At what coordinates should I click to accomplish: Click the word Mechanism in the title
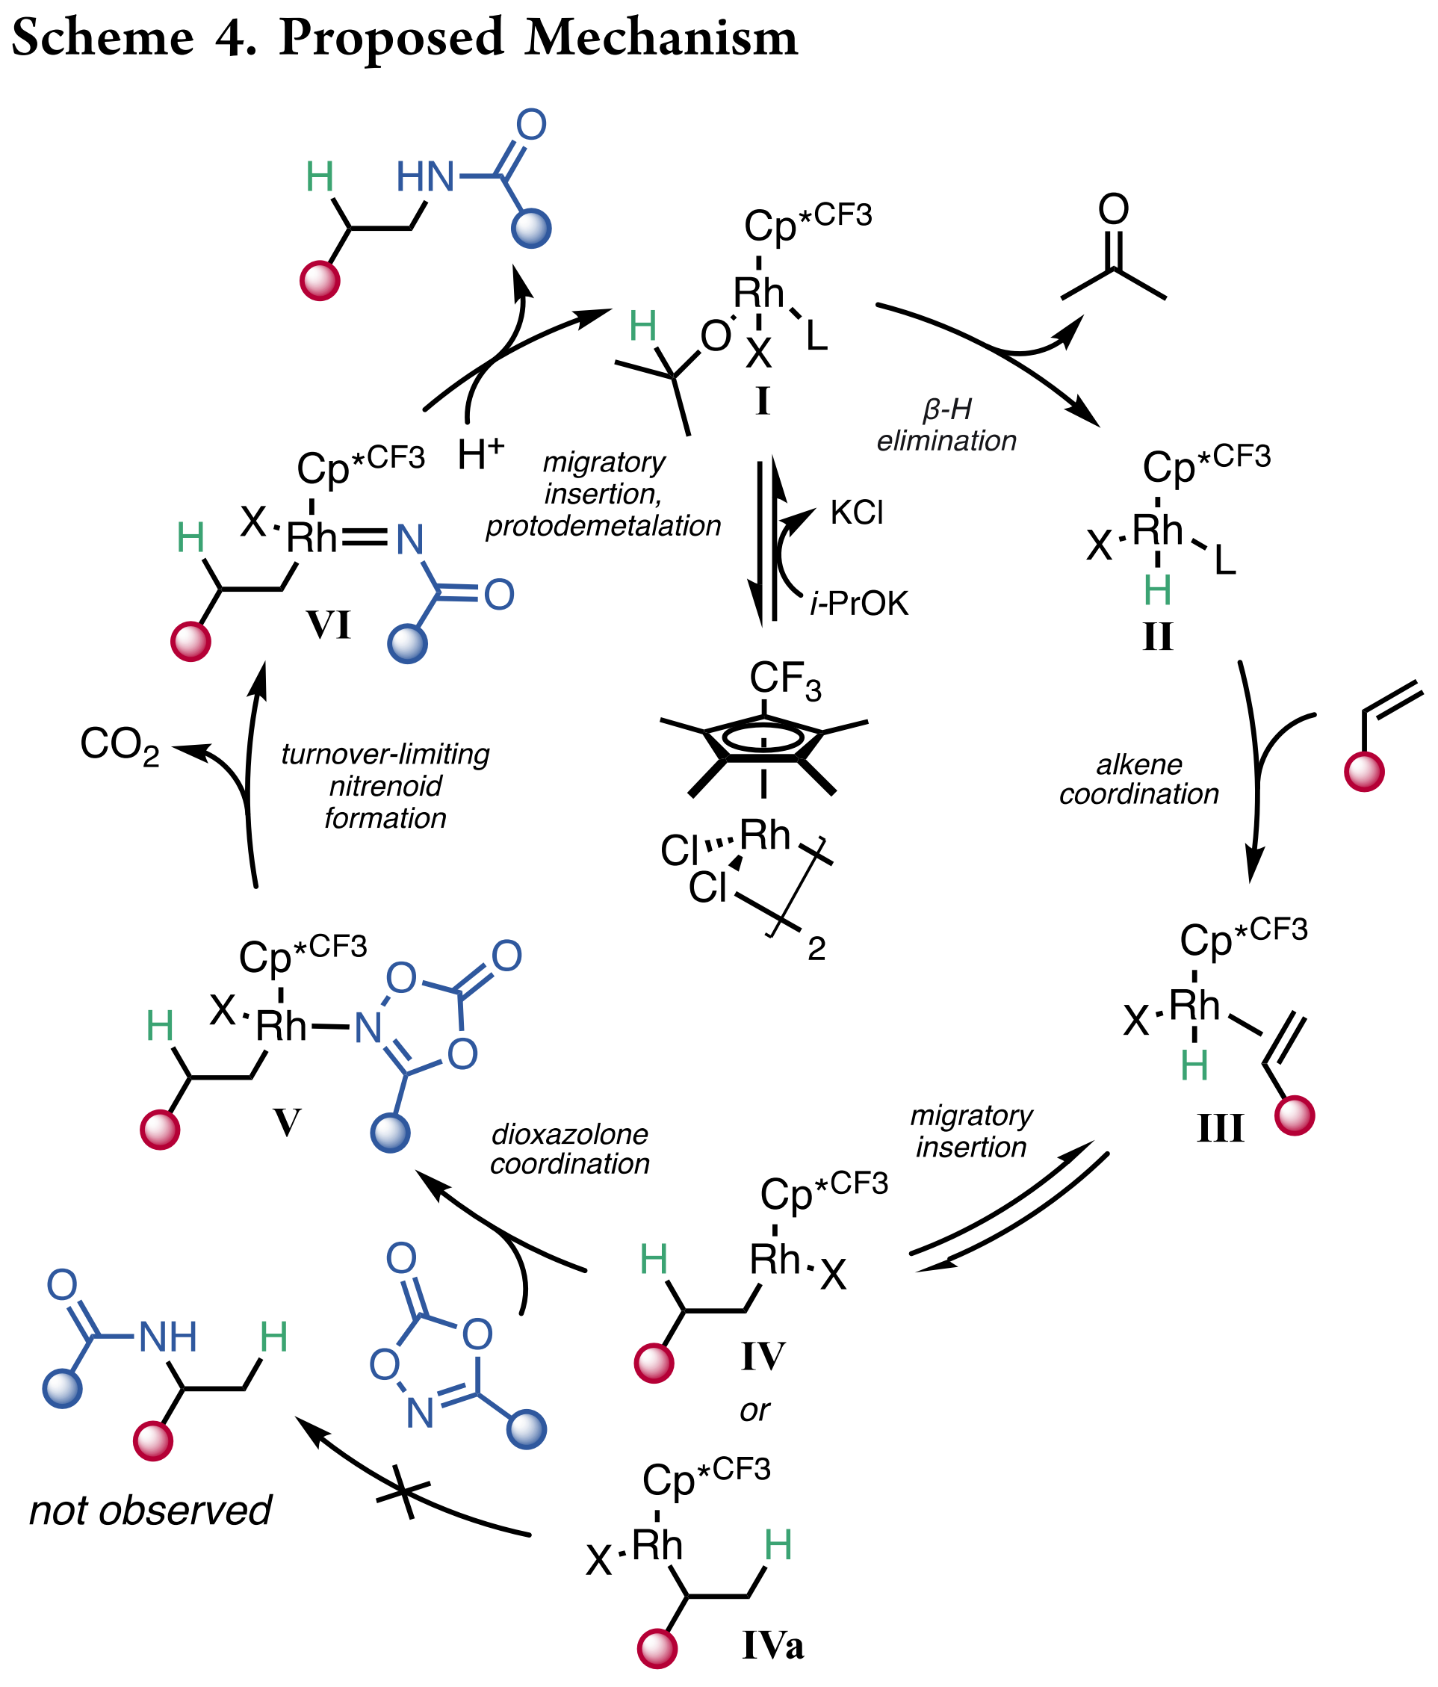(661, 37)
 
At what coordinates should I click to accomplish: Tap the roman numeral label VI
(328, 625)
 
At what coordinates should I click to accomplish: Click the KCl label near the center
(857, 513)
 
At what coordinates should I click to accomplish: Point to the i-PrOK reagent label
(859, 604)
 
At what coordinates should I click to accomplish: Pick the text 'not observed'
(150, 1511)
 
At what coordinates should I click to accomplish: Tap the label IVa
(772, 1645)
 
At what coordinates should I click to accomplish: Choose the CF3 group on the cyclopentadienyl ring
(785, 680)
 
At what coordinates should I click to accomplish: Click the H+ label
(480, 454)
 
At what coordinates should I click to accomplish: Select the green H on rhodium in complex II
(1157, 589)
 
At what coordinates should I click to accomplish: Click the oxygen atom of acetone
(1113, 209)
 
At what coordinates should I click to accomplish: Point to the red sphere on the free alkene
(1363, 770)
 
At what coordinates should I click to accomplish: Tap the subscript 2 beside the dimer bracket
(816, 949)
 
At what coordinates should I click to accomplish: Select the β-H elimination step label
(946, 425)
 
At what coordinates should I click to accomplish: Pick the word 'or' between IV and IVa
(754, 1410)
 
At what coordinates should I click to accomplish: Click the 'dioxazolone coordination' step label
(569, 1149)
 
